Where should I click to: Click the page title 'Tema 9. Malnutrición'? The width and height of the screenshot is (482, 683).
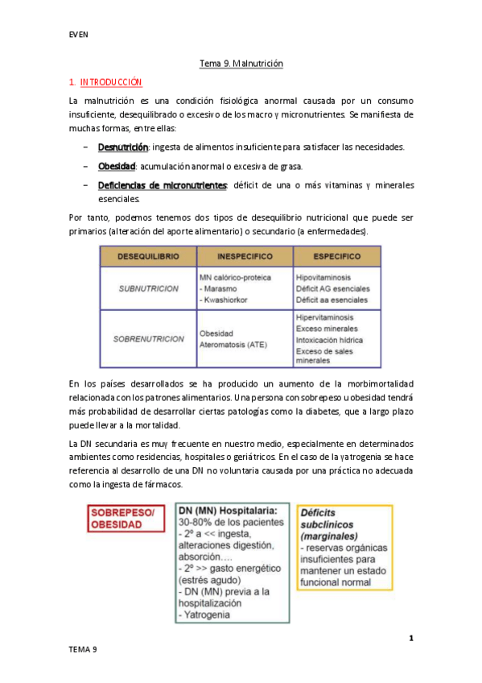pyautogui.click(x=241, y=63)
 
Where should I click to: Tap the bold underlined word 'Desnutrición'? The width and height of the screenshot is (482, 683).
pyautogui.click(x=122, y=147)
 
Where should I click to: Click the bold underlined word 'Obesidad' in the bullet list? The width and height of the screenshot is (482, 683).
pyautogui.click(x=117, y=166)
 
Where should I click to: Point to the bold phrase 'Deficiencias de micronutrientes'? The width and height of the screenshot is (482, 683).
pyautogui.click(x=162, y=185)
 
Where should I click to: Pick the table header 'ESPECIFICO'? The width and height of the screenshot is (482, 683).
pyautogui.click(x=336, y=256)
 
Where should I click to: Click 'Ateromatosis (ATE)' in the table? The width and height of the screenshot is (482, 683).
pyautogui.click(x=234, y=345)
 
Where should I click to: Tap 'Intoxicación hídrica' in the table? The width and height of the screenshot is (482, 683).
pyautogui.click(x=329, y=340)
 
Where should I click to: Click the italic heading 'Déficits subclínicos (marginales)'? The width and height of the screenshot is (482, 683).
pyautogui.click(x=330, y=523)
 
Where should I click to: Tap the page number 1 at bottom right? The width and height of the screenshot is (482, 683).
pyautogui.click(x=410, y=639)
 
